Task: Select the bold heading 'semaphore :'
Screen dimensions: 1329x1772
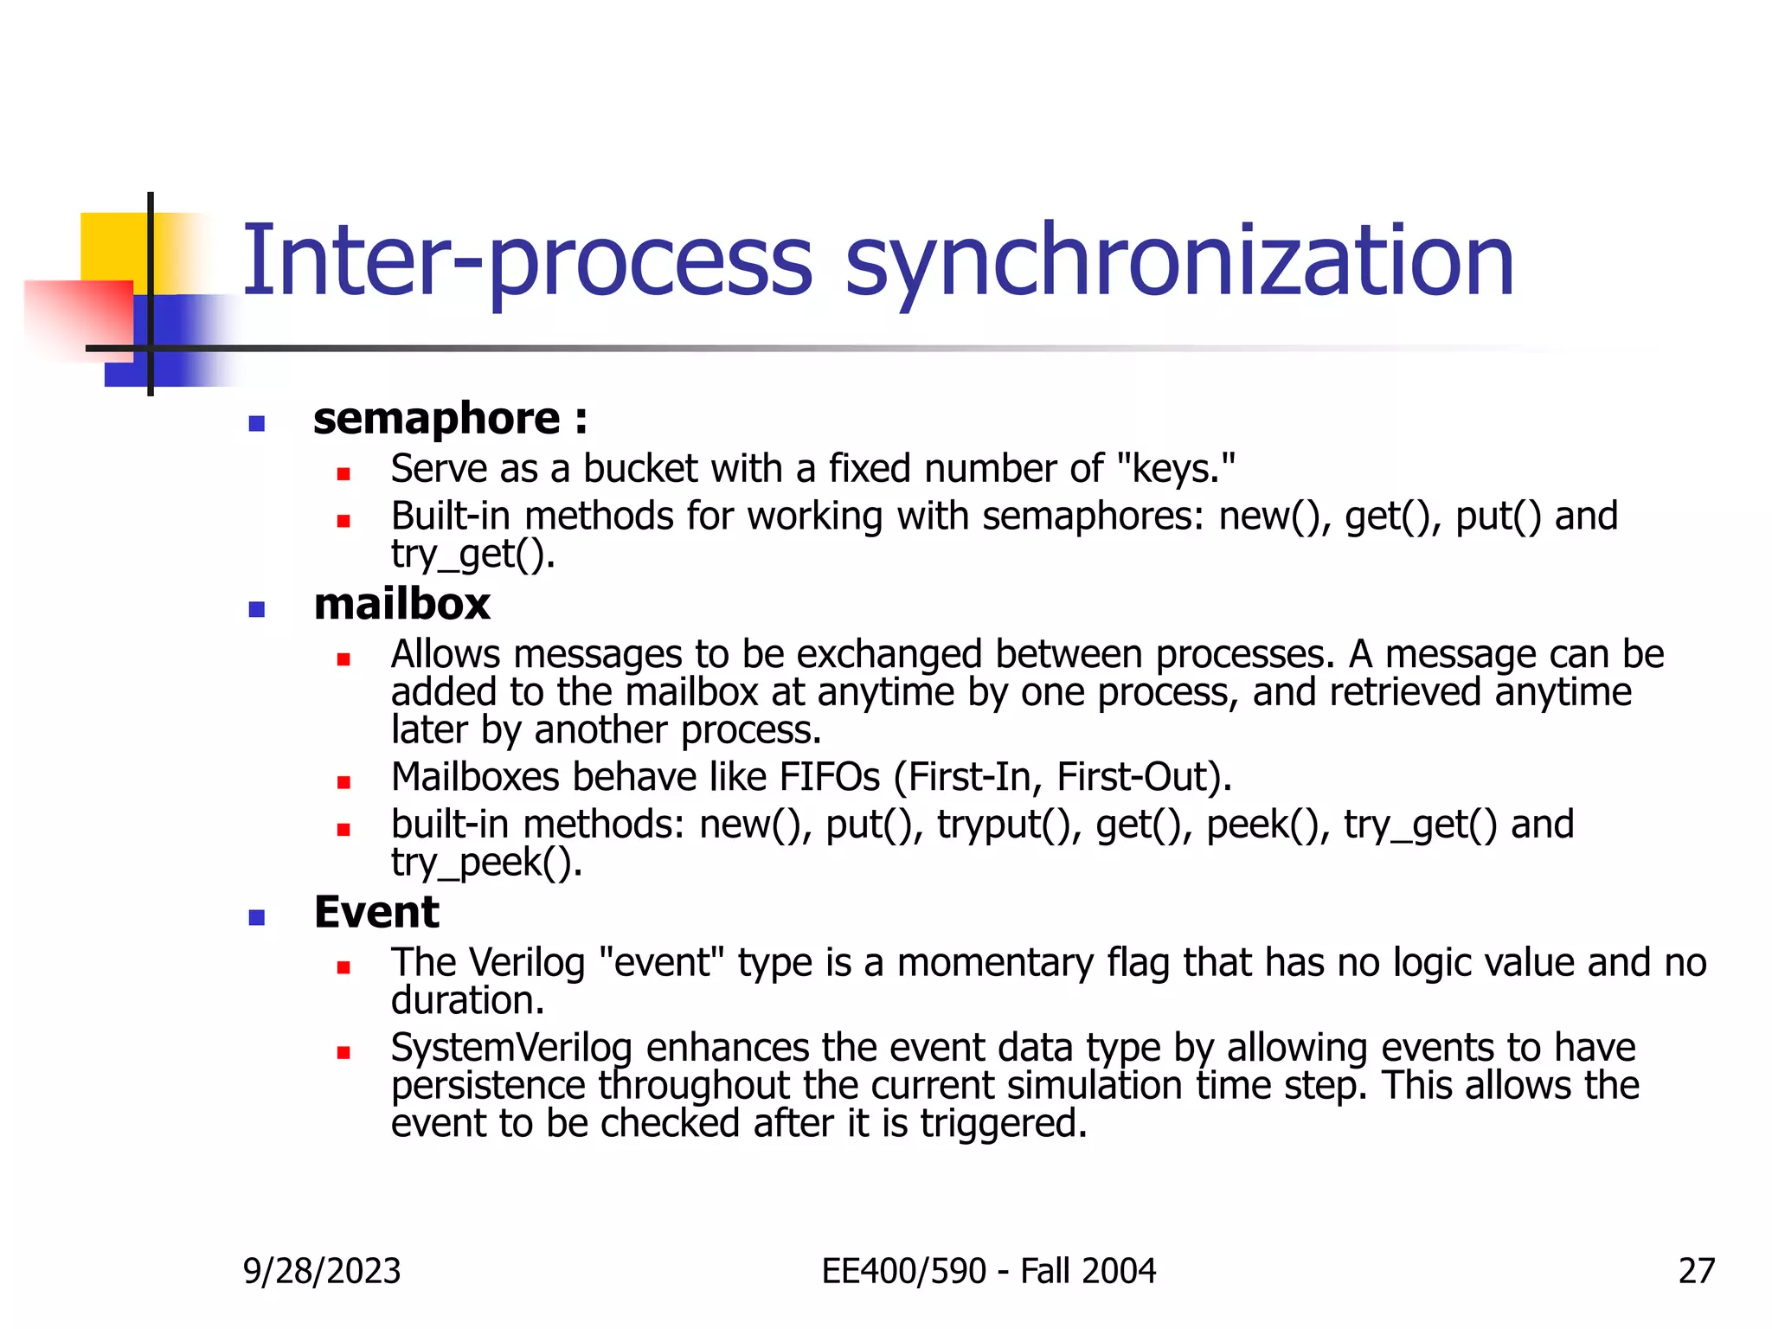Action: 450,420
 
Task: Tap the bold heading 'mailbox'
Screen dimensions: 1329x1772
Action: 402,604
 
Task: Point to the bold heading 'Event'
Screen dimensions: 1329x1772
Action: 376,912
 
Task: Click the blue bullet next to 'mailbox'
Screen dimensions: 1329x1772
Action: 256,609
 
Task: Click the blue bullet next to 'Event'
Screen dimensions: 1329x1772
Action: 256,917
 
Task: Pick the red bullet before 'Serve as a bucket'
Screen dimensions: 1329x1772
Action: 343,474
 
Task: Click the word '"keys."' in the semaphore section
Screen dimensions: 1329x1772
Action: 1176,469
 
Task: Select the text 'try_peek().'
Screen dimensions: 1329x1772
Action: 486,863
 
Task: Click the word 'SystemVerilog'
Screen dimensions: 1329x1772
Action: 511,1048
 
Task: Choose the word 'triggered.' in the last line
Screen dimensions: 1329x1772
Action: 1003,1123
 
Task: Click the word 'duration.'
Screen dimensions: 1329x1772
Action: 467,1001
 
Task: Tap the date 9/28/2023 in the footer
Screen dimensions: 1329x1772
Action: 322,1271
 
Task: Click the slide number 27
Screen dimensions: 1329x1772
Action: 1696,1271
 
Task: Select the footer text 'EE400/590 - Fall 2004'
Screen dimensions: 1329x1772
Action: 988,1271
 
